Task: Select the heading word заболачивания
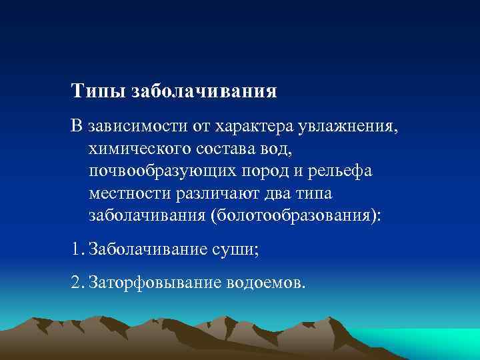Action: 205,91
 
